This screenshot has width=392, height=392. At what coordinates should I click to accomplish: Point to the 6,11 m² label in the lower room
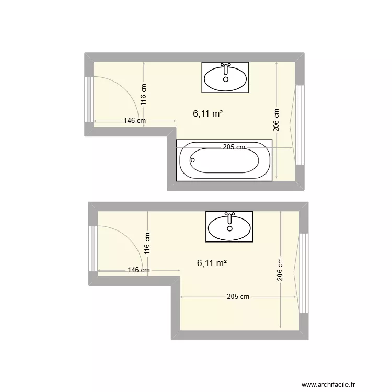[212, 263]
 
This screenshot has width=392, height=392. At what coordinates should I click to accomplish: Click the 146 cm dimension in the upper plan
[134, 121]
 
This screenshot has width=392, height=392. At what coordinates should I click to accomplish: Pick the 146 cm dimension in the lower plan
[139, 270]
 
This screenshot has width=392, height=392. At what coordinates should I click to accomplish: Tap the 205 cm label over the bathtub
[234, 147]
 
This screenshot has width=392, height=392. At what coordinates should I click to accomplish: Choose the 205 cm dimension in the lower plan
[238, 297]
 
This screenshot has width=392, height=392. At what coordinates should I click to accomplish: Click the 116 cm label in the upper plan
[144, 96]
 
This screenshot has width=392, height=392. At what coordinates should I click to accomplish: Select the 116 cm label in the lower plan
[148, 244]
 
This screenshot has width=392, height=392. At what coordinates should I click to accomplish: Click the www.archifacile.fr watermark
[334, 384]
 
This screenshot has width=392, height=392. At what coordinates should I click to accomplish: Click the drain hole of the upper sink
[226, 79]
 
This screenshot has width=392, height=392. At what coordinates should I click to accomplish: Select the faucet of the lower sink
[230, 215]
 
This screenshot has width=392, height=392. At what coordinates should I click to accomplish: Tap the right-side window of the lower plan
[303, 272]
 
